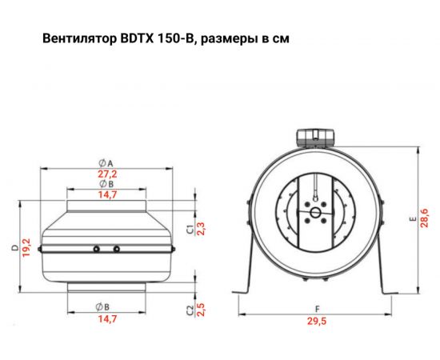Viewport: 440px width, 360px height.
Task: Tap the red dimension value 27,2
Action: [106, 174]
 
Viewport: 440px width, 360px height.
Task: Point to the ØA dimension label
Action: [106, 162]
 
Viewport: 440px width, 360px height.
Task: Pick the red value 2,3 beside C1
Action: [200, 229]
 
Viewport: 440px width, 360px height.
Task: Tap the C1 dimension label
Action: [190, 229]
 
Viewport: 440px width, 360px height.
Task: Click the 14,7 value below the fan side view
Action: [106, 319]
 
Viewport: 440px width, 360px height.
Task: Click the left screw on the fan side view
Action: [95, 250]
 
